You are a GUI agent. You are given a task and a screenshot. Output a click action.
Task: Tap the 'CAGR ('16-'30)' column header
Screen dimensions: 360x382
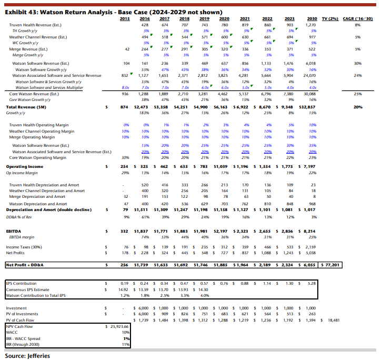pos(357,18)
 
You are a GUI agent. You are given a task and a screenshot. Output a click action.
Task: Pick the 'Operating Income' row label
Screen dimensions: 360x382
pos(25,166)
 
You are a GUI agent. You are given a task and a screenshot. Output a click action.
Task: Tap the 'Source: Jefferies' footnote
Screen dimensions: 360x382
pos(27,355)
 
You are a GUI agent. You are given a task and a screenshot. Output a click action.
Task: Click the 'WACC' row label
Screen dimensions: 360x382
pos(12,333)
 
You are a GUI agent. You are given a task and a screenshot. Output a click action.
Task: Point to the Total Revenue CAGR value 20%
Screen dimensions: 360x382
pos(358,107)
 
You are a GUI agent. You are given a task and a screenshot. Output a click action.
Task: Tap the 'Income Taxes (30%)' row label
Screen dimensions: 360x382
pos(24,246)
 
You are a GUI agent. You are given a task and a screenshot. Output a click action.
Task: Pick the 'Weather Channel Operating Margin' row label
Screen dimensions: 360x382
pos(42,131)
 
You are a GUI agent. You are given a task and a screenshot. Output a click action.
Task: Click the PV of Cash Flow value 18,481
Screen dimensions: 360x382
pos(334,320)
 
